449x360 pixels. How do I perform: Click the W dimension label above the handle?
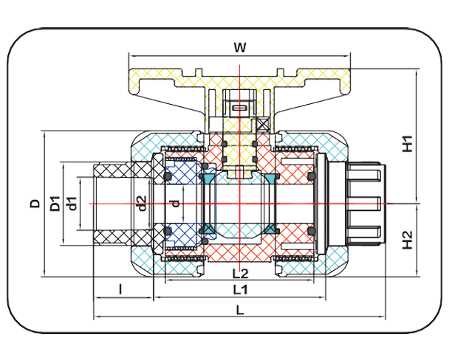click(x=239, y=48)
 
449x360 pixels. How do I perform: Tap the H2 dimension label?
click(x=408, y=239)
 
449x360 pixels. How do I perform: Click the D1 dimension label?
click(x=55, y=203)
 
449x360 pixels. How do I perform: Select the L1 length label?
click(x=239, y=288)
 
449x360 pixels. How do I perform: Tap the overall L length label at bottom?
click(x=239, y=311)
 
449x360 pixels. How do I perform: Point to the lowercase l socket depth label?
click(x=120, y=288)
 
